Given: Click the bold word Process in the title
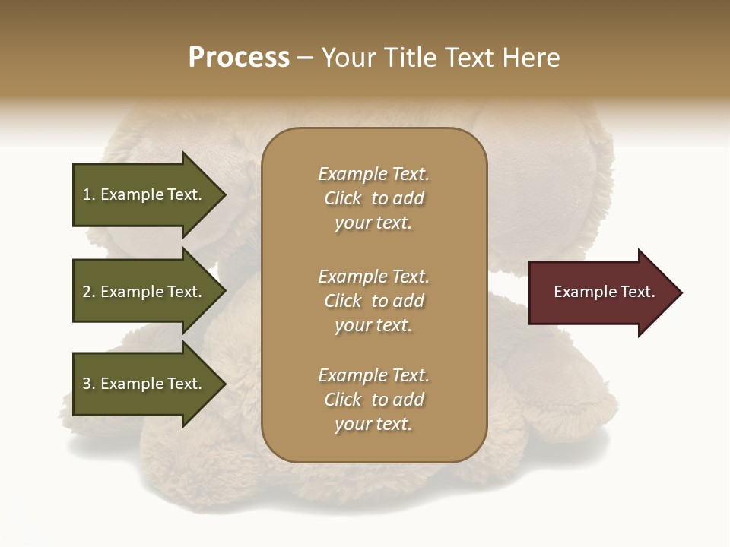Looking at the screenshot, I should (x=239, y=58).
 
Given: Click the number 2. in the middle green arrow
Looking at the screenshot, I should (x=88, y=292).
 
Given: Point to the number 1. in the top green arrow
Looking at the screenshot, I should (x=88, y=194).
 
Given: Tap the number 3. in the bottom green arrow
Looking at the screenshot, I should (x=88, y=384).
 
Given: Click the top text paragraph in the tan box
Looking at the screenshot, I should (x=373, y=198).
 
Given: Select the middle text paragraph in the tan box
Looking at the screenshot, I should (x=373, y=301).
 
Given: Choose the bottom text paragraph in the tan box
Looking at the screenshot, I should (x=373, y=400).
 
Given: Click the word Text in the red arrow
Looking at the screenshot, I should (x=637, y=292).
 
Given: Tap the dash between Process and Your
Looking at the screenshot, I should (x=305, y=58).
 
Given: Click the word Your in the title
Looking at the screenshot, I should (x=349, y=58).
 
